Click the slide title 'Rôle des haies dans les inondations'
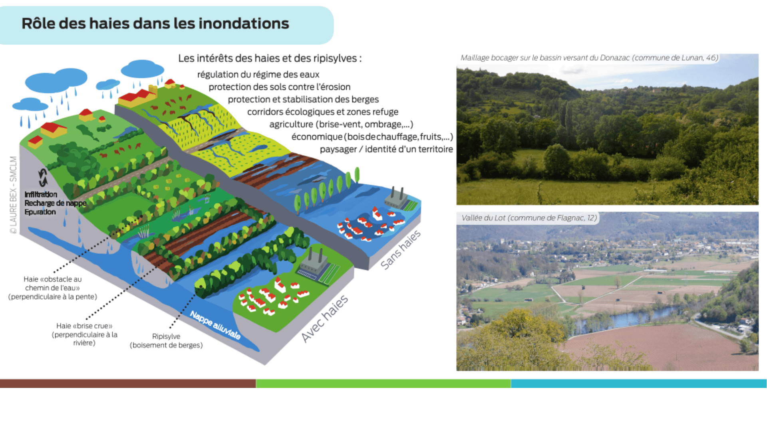[x=155, y=24]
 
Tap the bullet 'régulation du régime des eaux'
[x=258, y=75]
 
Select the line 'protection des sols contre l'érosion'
[x=279, y=87]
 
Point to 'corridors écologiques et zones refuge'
[x=322, y=112]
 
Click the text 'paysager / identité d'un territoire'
[x=386, y=149]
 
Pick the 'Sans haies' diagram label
[x=400, y=250]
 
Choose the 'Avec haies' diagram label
[x=324, y=319]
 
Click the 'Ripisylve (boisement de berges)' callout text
[x=166, y=341]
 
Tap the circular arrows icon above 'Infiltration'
[x=43, y=177]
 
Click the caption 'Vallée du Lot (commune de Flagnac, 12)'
[x=529, y=218]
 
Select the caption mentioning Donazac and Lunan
[x=589, y=58]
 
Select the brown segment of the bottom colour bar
[x=128, y=384]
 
